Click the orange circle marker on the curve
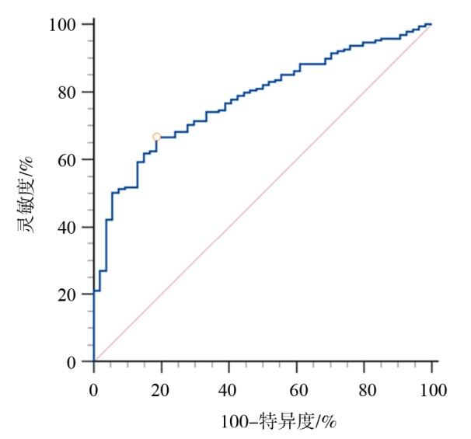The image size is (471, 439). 156,137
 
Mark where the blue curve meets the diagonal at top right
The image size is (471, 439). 430,25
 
